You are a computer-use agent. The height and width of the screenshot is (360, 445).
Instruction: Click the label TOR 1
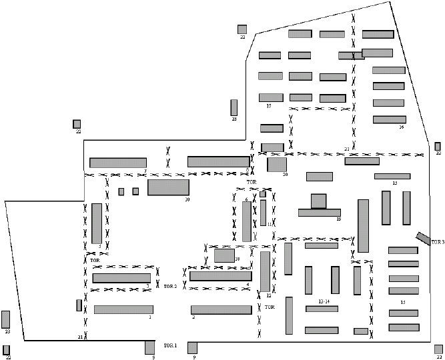click(x=170, y=345)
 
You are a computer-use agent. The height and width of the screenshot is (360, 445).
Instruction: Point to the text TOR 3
click(x=437, y=241)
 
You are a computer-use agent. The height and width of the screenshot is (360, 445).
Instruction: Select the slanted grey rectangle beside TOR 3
click(x=423, y=237)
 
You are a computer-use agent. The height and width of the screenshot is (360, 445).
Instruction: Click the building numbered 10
click(x=168, y=187)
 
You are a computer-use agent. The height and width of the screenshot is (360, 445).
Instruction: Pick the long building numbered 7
click(x=118, y=163)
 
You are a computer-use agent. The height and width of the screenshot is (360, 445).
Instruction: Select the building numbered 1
click(x=123, y=309)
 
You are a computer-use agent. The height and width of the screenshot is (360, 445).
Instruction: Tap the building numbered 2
click(x=221, y=309)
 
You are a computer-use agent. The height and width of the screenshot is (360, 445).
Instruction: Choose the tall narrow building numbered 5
click(x=97, y=223)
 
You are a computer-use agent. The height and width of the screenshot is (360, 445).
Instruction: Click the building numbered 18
click(x=224, y=255)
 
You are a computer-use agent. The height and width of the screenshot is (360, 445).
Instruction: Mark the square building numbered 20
click(x=277, y=164)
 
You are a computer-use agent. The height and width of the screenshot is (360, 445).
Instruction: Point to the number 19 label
click(x=339, y=219)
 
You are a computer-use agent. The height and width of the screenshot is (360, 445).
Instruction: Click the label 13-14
click(x=324, y=302)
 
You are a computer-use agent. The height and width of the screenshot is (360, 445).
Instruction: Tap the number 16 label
click(x=402, y=127)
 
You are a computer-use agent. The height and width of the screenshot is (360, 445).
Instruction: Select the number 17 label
click(x=268, y=105)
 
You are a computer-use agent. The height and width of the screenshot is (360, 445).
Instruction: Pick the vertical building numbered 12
click(x=266, y=271)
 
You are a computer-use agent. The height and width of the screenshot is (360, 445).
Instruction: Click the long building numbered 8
click(x=218, y=161)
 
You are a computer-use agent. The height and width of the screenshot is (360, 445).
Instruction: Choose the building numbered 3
click(x=121, y=278)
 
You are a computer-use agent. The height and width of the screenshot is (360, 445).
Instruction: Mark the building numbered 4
click(x=220, y=275)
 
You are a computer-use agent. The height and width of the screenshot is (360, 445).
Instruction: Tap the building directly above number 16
click(x=390, y=119)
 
